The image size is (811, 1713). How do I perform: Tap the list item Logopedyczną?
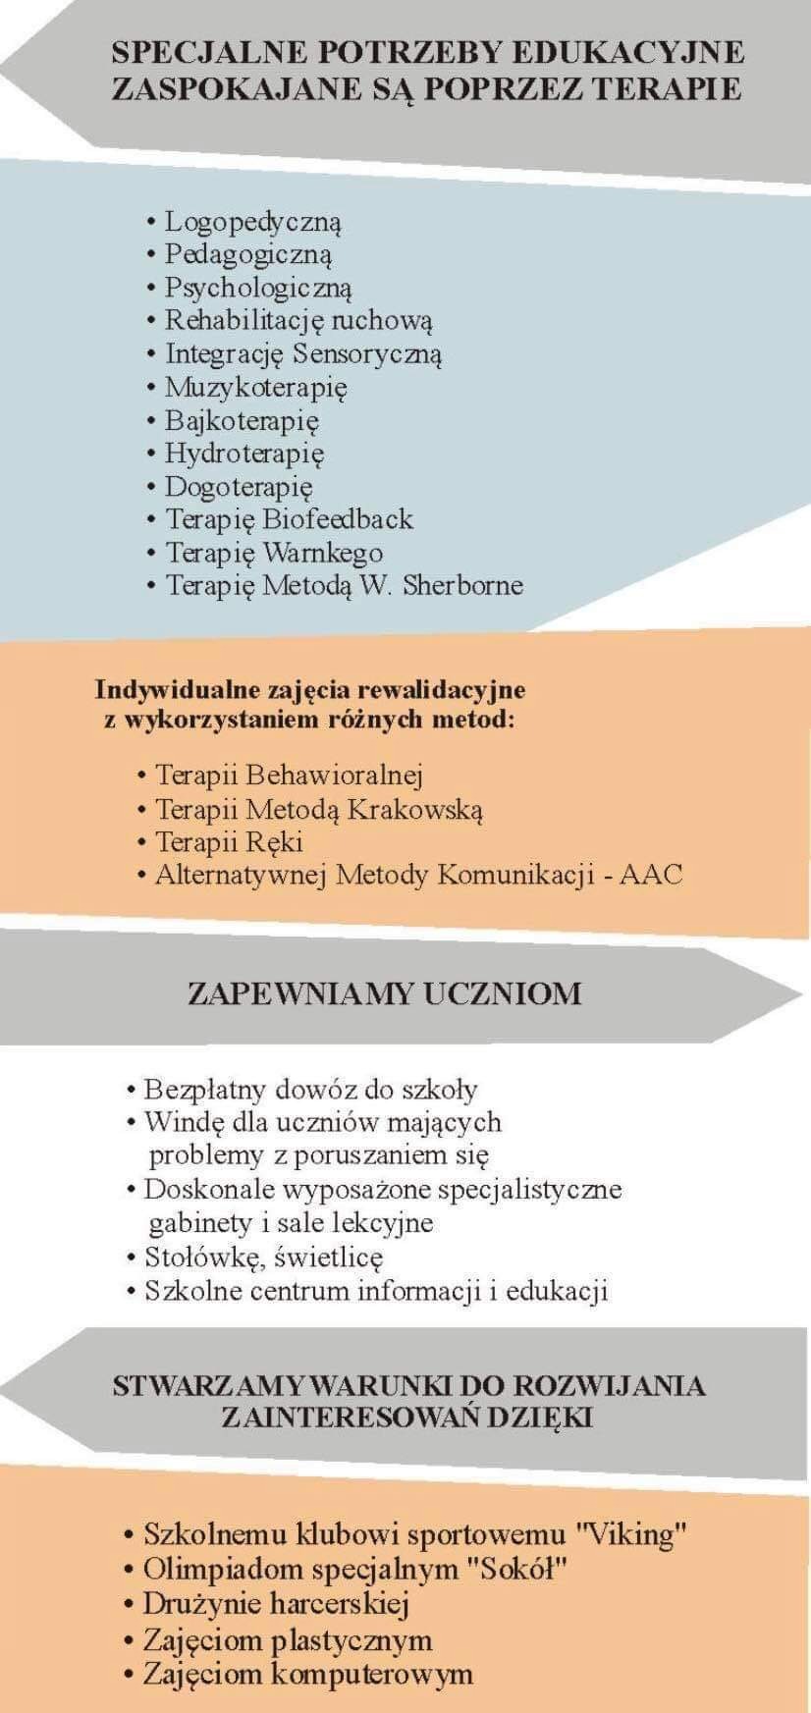click(x=252, y=223)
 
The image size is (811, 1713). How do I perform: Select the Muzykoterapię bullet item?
click(x=255, y=388)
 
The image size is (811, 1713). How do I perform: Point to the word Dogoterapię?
click(x=239, y=487)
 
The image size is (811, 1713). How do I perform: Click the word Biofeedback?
click(x=339, y=519)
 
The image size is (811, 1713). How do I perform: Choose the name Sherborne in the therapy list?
click(x=462, y=586)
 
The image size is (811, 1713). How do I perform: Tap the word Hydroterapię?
click(x=244, y=454)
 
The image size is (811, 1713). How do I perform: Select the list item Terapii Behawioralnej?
click(x=289, y=776)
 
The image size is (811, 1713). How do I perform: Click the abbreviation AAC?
click(x=651, y=875)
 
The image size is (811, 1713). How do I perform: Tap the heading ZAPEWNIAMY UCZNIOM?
click(x=385, y=993)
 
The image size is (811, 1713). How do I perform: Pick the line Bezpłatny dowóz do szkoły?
click(x=310, y=1090)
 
